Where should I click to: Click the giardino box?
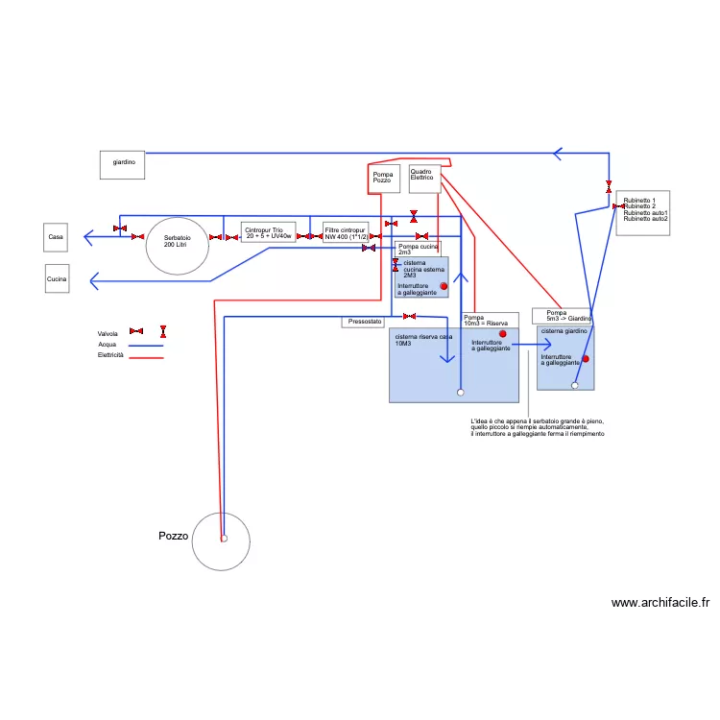[122, 163]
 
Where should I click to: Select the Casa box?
[57, 236]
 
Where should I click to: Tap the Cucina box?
[57, 279]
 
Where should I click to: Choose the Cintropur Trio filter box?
[268, 232]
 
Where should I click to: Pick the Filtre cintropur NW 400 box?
[346, 232]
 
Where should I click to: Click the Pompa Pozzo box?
[382, 178]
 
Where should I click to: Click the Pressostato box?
[365, 322]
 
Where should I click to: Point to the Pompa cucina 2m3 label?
[418, 249]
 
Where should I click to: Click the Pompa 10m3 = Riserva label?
[489, 320]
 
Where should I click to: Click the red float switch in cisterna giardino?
[585, 359]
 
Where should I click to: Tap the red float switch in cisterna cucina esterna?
[444, 286]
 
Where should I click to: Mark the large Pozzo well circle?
[221, 540]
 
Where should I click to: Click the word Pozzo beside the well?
[173, 536]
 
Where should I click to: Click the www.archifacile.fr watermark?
[660, 603]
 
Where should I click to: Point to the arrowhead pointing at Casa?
[87, 236]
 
